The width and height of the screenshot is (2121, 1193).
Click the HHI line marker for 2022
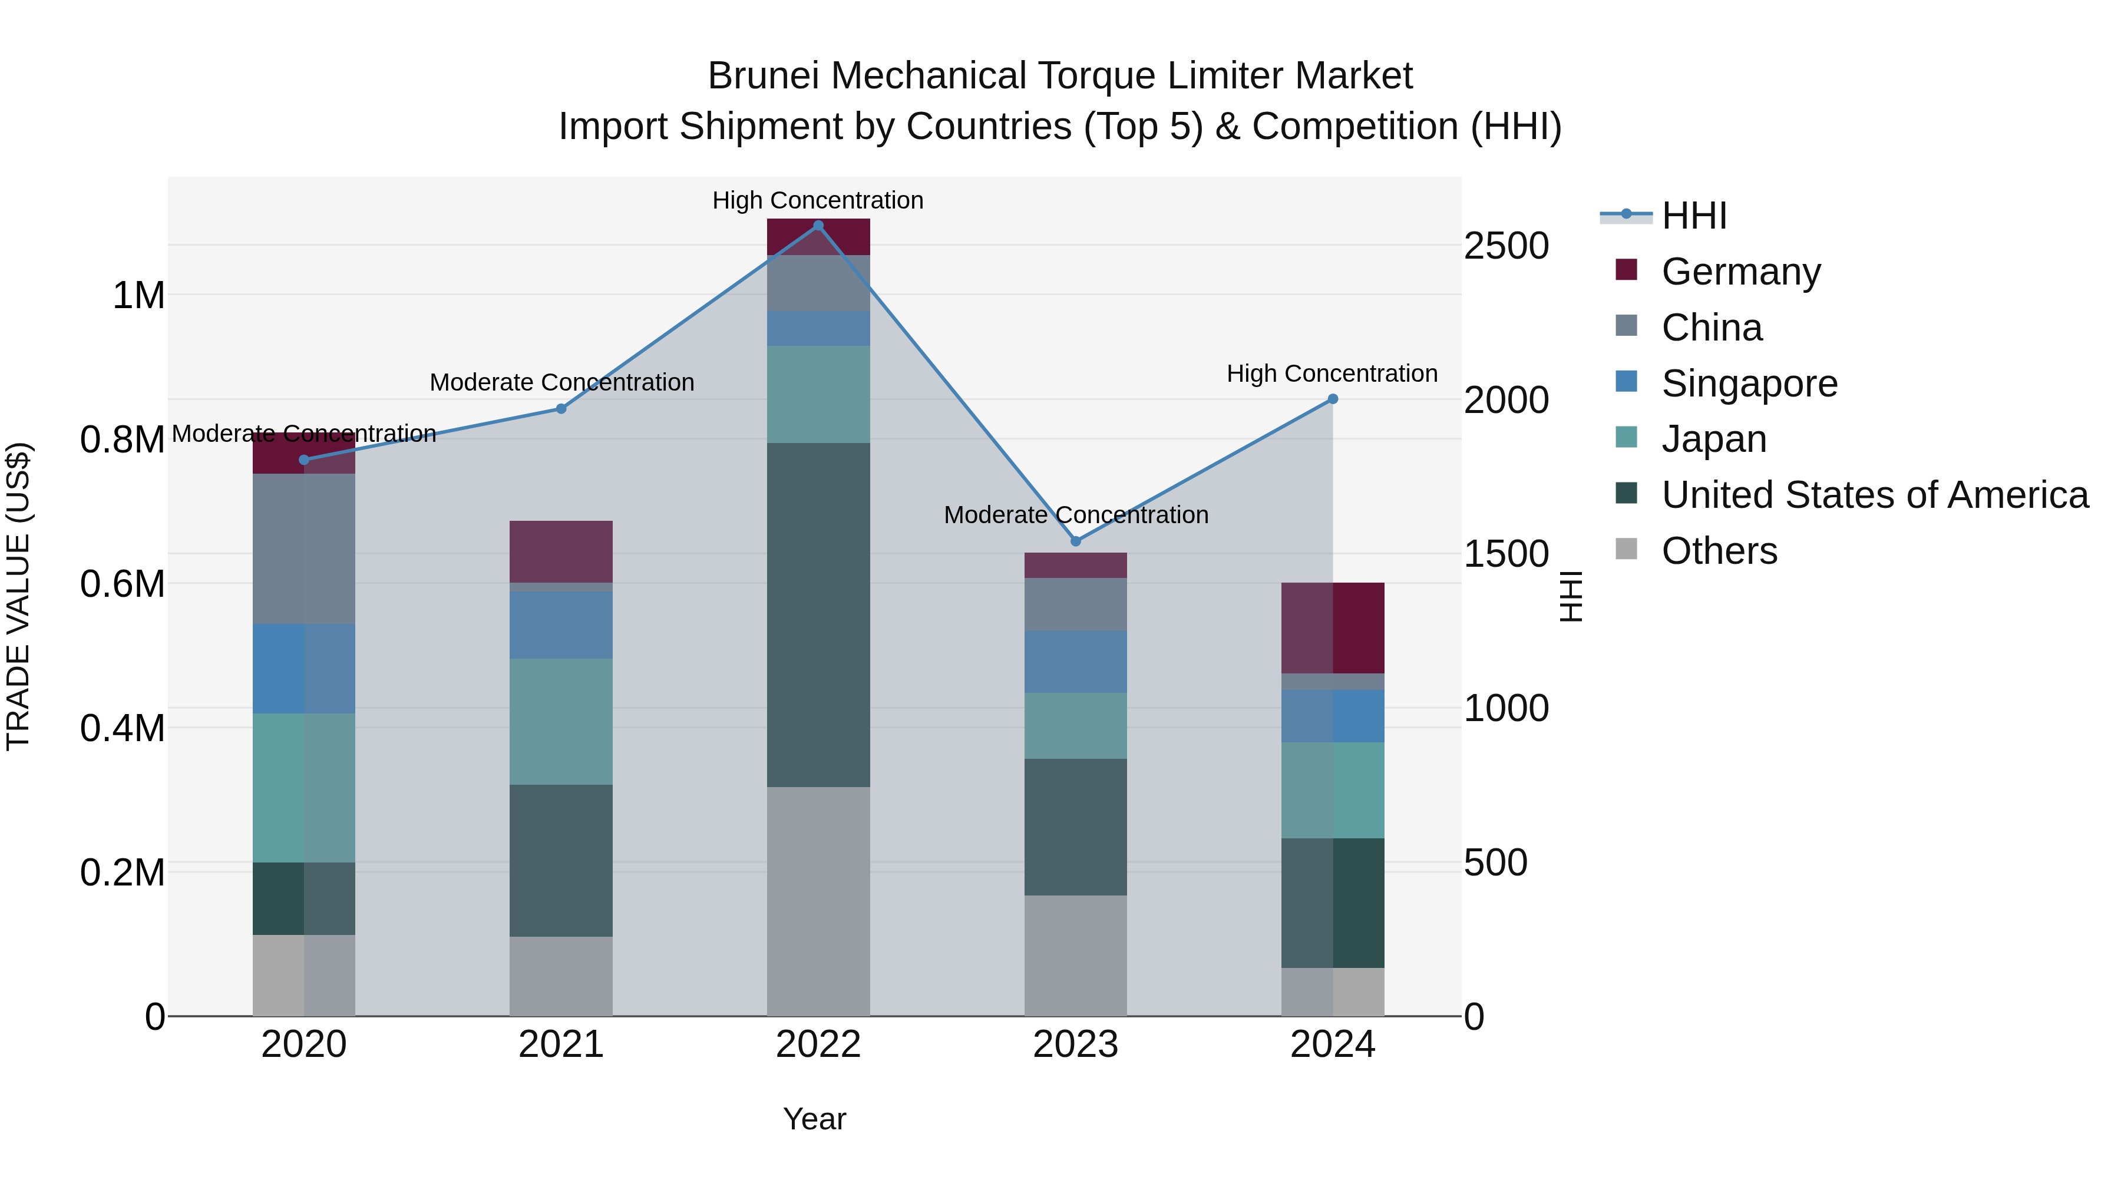coord(818,226)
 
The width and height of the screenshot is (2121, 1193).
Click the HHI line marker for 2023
coord(1075,541)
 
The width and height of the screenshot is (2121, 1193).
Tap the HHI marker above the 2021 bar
coord(561,408)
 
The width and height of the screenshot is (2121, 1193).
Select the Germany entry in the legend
coord(1740,272)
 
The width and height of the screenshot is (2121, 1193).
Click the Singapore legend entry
coord(1749,384)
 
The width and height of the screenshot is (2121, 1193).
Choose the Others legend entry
coord(1719,551)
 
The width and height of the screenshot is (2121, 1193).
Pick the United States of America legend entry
coord(1874,495)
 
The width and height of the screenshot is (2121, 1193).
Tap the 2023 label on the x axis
coord(1075,1045)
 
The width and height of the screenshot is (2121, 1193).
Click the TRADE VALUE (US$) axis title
coord(19,596)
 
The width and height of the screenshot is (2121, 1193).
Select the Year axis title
coord(814,1119)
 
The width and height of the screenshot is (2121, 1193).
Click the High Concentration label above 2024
coord(1332,374)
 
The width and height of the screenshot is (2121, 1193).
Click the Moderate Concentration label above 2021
coord(561,383)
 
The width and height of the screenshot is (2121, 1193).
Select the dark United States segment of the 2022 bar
coord(818,614)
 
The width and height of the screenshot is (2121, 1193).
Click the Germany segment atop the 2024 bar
coord(1332,627)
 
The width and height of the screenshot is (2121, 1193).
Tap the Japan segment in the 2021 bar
coord(561,721)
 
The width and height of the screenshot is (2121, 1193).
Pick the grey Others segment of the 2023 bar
coord(1075,955)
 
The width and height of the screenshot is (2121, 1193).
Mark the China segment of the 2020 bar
coord(304,548)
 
